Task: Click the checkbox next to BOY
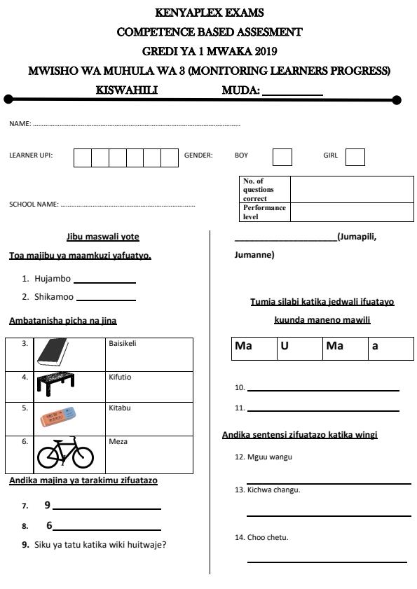coord(282,156)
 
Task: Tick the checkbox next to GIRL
coord(355,156)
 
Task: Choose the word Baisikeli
coord(123,343)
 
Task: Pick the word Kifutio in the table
coord(120,377)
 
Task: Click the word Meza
coord(118,442)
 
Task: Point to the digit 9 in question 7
coord(48,505)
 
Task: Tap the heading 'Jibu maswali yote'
coord(107,237)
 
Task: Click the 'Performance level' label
coord(264,212)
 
